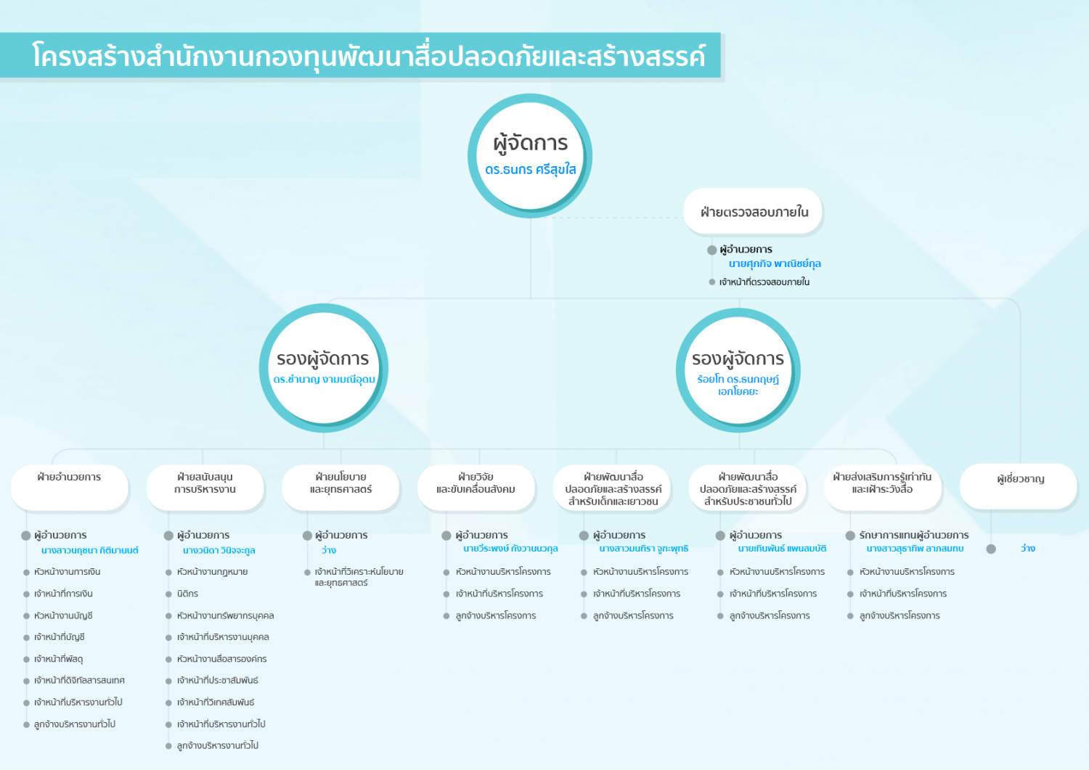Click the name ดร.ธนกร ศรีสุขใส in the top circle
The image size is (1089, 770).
pos(531,170)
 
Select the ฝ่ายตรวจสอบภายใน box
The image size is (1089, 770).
pos(753,211)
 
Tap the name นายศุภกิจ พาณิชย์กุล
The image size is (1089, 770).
pos(775,264)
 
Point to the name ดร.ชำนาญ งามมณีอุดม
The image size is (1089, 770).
pos(324,379)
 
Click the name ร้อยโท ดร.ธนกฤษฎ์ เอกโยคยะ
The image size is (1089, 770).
pos(738,385)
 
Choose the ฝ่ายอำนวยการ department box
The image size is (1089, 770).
pos(70,488)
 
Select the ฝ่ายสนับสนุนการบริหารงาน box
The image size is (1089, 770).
pos(205,488)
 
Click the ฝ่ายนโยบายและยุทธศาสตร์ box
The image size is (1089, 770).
pos(340,488)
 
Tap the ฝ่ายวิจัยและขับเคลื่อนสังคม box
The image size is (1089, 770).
pos(476,488)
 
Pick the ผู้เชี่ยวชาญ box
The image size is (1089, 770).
pos(1019,486)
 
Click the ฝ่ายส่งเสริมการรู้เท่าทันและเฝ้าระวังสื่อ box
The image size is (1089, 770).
pos(883,488)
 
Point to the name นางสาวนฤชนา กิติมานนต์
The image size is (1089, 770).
pos(89,550)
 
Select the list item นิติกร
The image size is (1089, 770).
pos(187,594)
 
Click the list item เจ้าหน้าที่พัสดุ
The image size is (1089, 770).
pos(58,659)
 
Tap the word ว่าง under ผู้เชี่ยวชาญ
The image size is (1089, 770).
pos(1028,549)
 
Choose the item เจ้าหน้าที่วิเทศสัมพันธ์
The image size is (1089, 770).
pos(216,703)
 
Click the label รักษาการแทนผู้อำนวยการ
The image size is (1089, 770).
pos(914,535)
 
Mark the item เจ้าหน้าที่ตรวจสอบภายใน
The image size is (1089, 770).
pos(764,282)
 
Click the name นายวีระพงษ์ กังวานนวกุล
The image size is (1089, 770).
pos(510,549)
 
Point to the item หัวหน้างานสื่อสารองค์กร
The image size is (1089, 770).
pos(221,659)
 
